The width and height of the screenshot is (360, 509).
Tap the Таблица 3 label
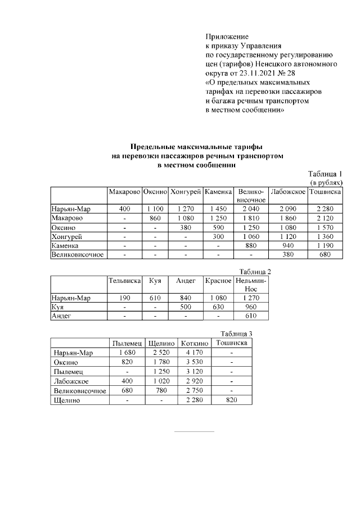[x=236, y=334]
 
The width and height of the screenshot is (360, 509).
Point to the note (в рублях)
[x=327, y=183]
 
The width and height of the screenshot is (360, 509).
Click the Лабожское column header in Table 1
[x=288, y=192]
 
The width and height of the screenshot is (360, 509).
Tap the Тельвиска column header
[x=124, y=280]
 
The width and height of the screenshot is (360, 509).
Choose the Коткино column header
[x=195, y=343]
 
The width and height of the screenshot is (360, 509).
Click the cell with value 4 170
[x=195, y=353]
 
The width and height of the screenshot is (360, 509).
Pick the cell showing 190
[x=124, y=298]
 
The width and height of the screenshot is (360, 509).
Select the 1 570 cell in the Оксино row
[x=325, y=227]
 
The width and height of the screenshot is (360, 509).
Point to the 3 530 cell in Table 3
[x=195, y=362]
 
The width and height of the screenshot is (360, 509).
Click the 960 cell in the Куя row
[x=251, y=307]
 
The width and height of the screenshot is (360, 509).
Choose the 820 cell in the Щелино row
[x=232, y=400]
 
